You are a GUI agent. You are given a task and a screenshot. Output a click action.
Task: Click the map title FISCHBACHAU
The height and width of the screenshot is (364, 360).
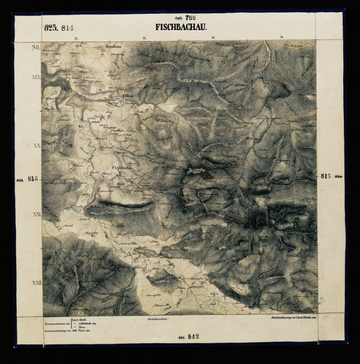point(181,27)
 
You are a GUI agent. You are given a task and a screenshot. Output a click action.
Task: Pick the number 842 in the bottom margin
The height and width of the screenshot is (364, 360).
point(192,337)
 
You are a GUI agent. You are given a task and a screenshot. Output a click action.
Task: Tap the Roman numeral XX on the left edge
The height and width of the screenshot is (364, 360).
point(37,146)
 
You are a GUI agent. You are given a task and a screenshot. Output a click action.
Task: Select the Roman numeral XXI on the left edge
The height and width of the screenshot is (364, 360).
point(37,214)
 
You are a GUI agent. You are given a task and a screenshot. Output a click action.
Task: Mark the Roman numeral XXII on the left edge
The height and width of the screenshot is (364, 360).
point(36,283)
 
